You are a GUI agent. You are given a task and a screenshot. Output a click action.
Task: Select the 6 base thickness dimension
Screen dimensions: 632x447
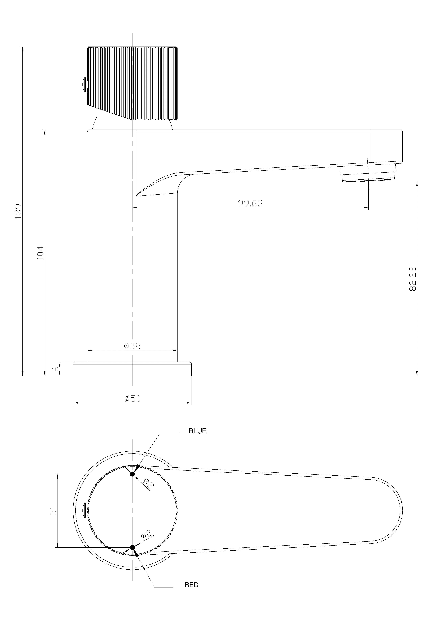point(56,369)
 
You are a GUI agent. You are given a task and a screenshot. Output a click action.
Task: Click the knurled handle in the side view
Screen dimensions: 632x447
point(132,83)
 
